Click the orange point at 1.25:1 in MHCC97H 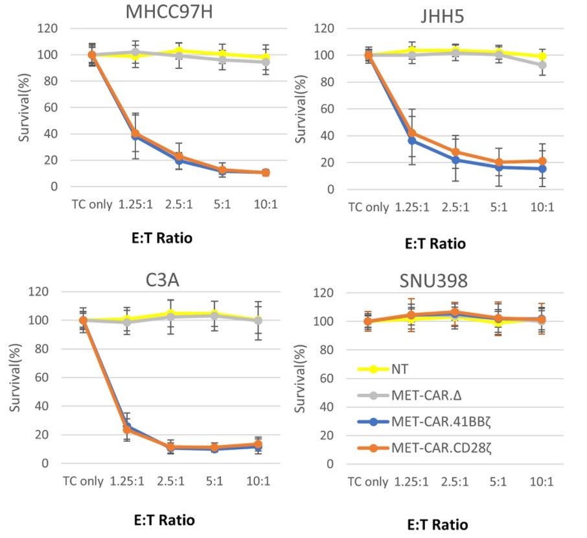click(x=135, y=134)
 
